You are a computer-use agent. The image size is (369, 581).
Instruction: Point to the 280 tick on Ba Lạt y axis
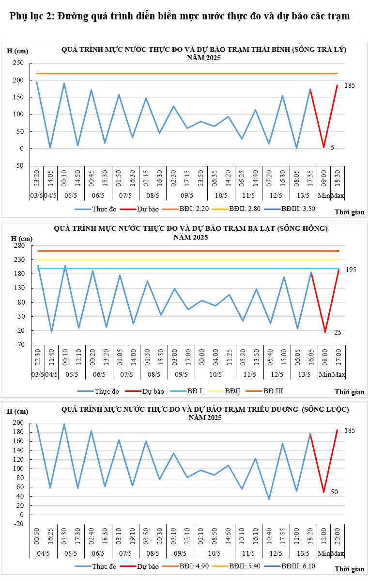point(18,246)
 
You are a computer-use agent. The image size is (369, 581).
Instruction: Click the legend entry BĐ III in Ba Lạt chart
point(273,391)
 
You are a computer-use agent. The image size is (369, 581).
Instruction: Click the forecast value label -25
point(337,332)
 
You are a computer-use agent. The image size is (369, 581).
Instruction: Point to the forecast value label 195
point(351,269)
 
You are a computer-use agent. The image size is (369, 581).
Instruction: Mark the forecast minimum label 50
point(334,492)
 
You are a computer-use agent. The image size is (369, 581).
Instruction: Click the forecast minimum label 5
point(332,147)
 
